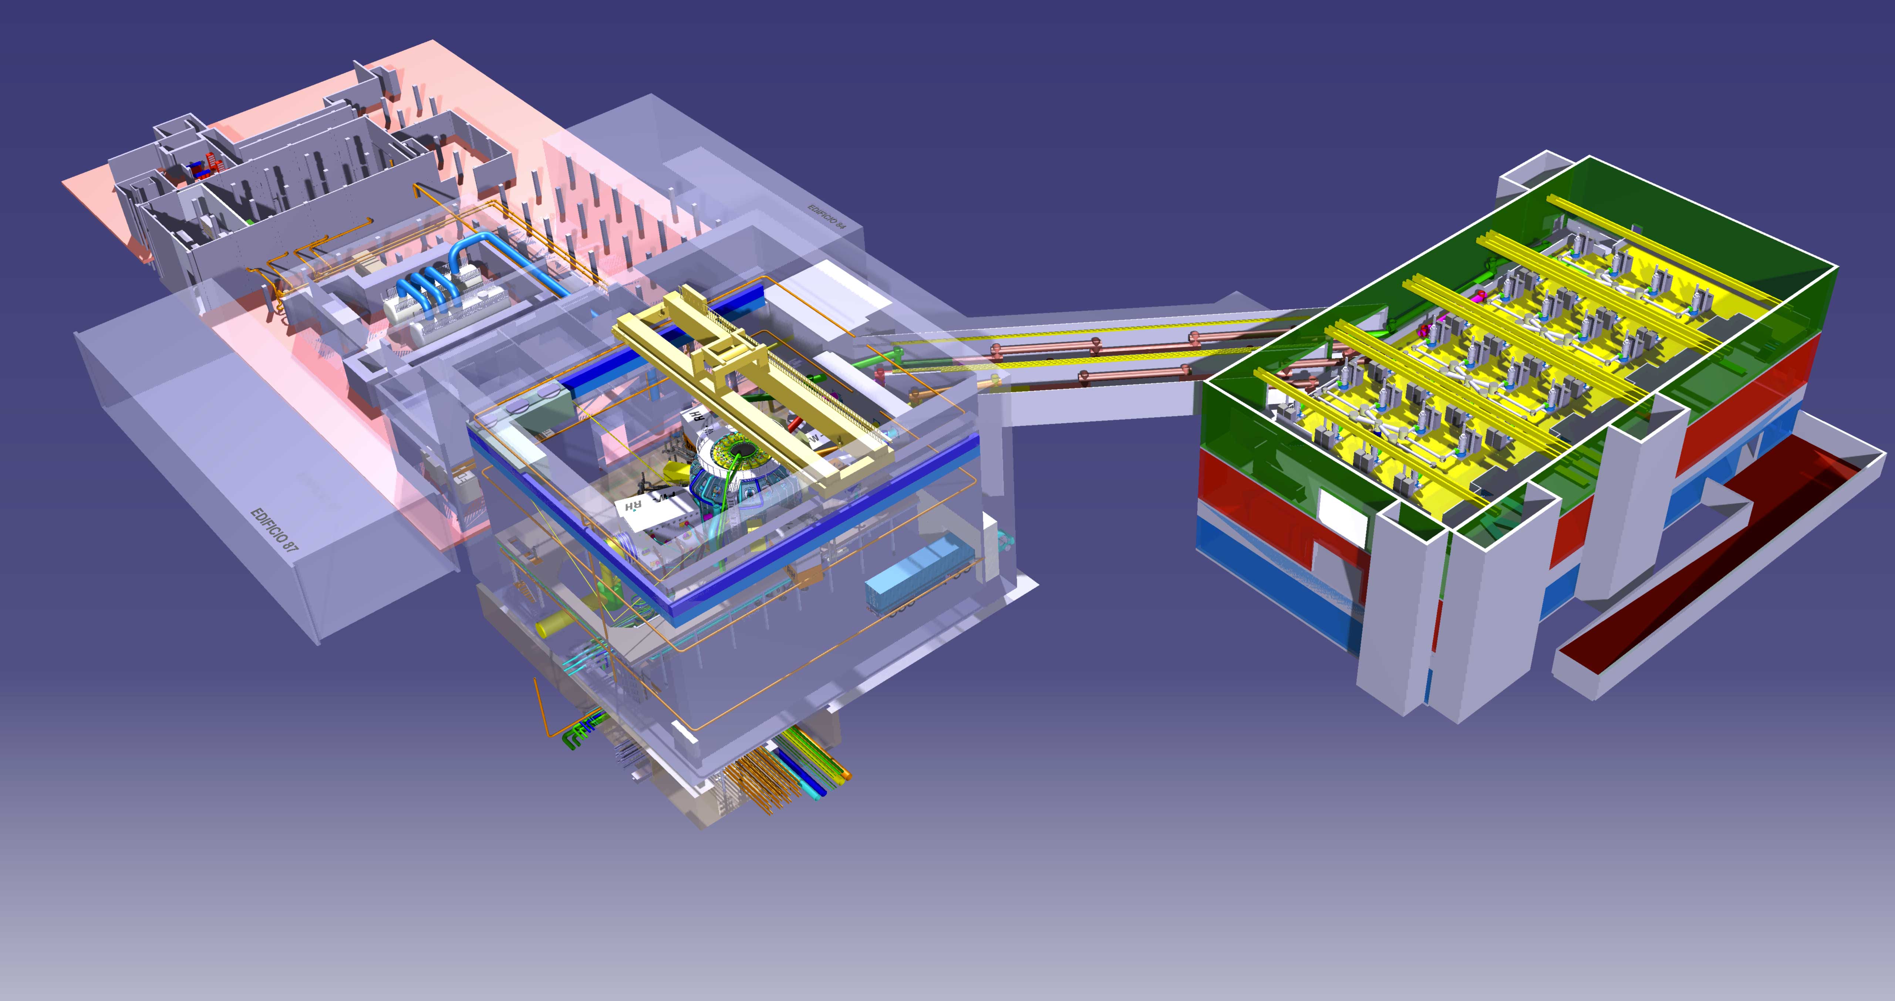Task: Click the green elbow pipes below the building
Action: click(x=574, y=735)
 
